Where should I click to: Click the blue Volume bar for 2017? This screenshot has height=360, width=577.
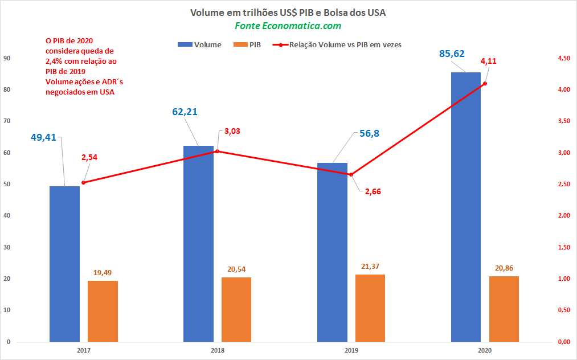click(65, 264)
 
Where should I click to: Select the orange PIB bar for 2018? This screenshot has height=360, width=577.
click(236, 309)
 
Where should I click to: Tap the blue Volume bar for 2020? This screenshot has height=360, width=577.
click(466, 207)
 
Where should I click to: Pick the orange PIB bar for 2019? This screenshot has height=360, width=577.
click(370, 308)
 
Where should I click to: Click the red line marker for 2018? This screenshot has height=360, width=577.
click(217, 152)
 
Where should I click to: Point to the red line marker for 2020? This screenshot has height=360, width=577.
click(485, 84)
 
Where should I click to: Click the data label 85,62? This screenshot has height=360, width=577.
click(452, 54)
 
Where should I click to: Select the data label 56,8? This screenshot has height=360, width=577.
click(370, 133)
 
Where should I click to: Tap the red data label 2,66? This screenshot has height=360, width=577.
click(373, 191)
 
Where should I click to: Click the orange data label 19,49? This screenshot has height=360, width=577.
click(103, 273)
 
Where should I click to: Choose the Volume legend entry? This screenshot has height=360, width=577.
click(199, 44)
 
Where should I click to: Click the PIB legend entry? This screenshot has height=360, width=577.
click(247, 44)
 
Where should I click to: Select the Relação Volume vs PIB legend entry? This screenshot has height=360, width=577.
click(337, 44)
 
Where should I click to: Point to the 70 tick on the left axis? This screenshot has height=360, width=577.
click(7, 121)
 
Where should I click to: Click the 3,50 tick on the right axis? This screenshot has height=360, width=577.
click(564, 121)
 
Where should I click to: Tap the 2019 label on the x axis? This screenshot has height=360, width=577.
click(351, 350)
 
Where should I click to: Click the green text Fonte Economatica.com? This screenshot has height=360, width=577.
click(288, 26)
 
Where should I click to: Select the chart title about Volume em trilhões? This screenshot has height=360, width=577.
click(288, 13)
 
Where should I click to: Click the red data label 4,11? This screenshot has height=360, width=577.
click(488, 61)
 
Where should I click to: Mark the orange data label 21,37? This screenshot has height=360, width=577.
click(370, 267)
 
